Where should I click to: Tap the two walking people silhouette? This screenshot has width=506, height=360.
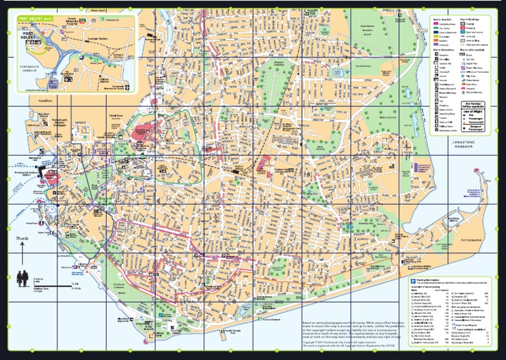coord(23,276)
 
